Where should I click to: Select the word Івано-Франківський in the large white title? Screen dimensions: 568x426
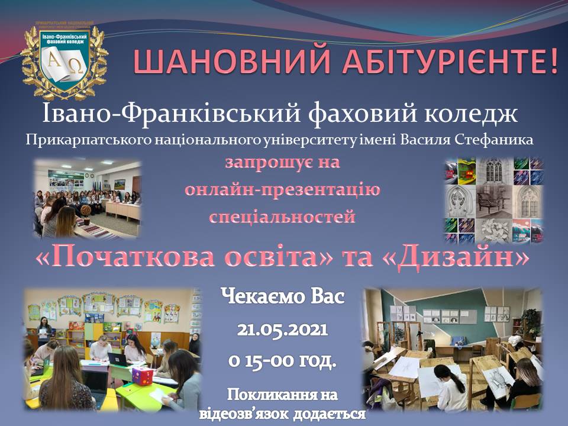[172, 114]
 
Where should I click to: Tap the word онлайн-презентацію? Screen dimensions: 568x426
[283, 189]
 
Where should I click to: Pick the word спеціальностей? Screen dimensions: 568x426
[283, 217]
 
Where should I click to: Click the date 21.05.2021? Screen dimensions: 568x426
[283, 330]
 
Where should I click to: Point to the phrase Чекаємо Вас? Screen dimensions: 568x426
[283, 297]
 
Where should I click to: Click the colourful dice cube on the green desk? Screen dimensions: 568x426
[143, 376]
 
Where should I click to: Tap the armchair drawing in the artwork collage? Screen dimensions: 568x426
[493, 201]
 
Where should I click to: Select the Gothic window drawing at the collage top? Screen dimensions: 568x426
[493, 170]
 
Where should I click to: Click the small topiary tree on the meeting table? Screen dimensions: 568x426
[86, 211]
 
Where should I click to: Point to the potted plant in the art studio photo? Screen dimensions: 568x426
[530, 320]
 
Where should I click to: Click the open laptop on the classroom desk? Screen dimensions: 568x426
[118, 360]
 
